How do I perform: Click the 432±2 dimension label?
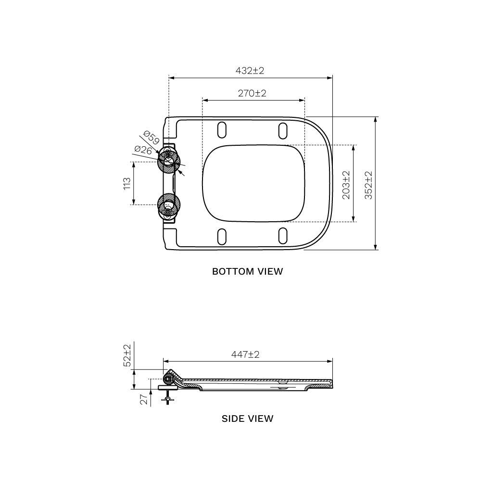coord(250,71)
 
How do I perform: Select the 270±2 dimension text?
coord(252,93)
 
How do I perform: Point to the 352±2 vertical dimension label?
coord(369,183)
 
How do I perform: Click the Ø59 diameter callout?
coord(151,138)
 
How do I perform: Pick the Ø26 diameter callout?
coord(143,150)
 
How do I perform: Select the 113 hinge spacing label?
coord(127,183)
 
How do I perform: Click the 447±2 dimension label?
coord(245,354)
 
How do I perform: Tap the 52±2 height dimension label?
coord(127,355)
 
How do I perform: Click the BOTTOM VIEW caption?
coord(248,271)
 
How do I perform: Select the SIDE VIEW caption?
coord(247,418)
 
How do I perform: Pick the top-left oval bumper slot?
coord(222,130)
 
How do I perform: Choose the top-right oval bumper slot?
coord(283,130)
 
